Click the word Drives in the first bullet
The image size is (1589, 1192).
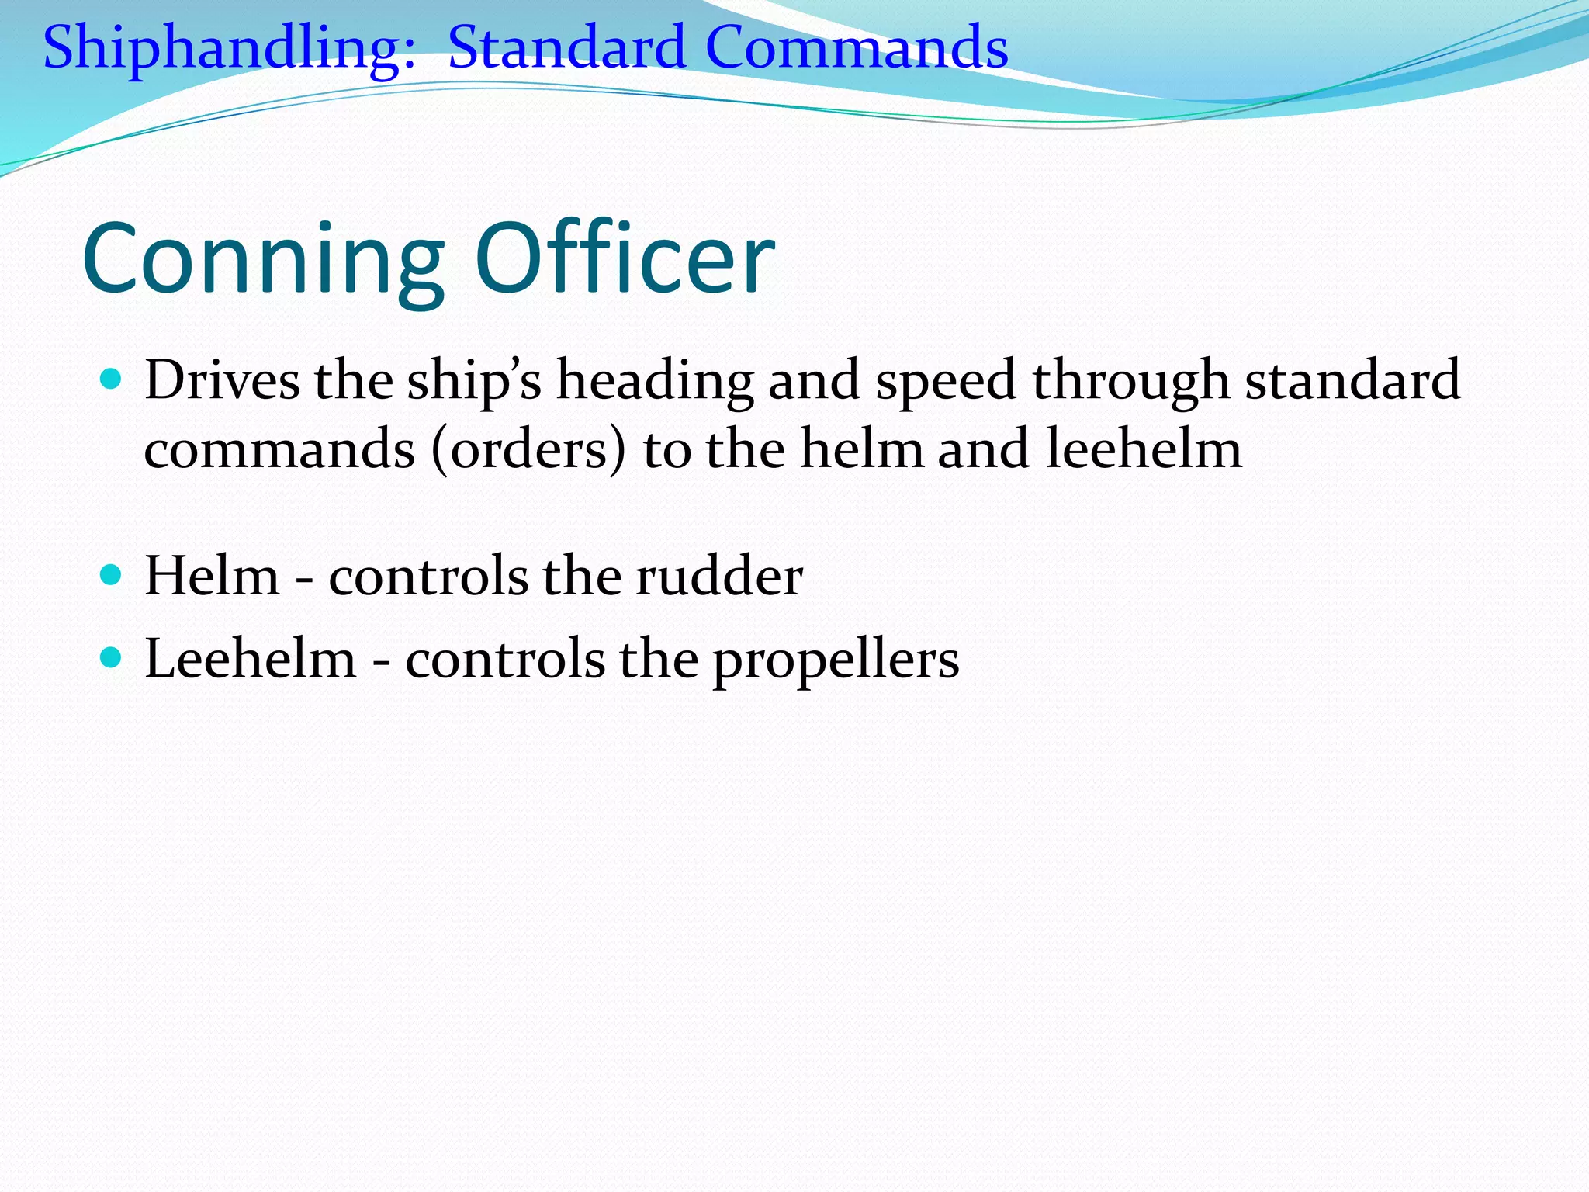click(x=222, y=379)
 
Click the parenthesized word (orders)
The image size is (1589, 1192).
click(x=528, y=449)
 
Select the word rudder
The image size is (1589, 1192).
click(x=719, y=577)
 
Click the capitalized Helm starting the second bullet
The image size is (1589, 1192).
click(x=212, y=576)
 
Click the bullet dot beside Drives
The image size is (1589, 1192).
click(x=112, y=379)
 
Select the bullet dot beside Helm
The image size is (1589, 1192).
click(x=112, y=575)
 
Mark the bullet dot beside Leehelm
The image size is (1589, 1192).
click(x=112, y=658)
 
